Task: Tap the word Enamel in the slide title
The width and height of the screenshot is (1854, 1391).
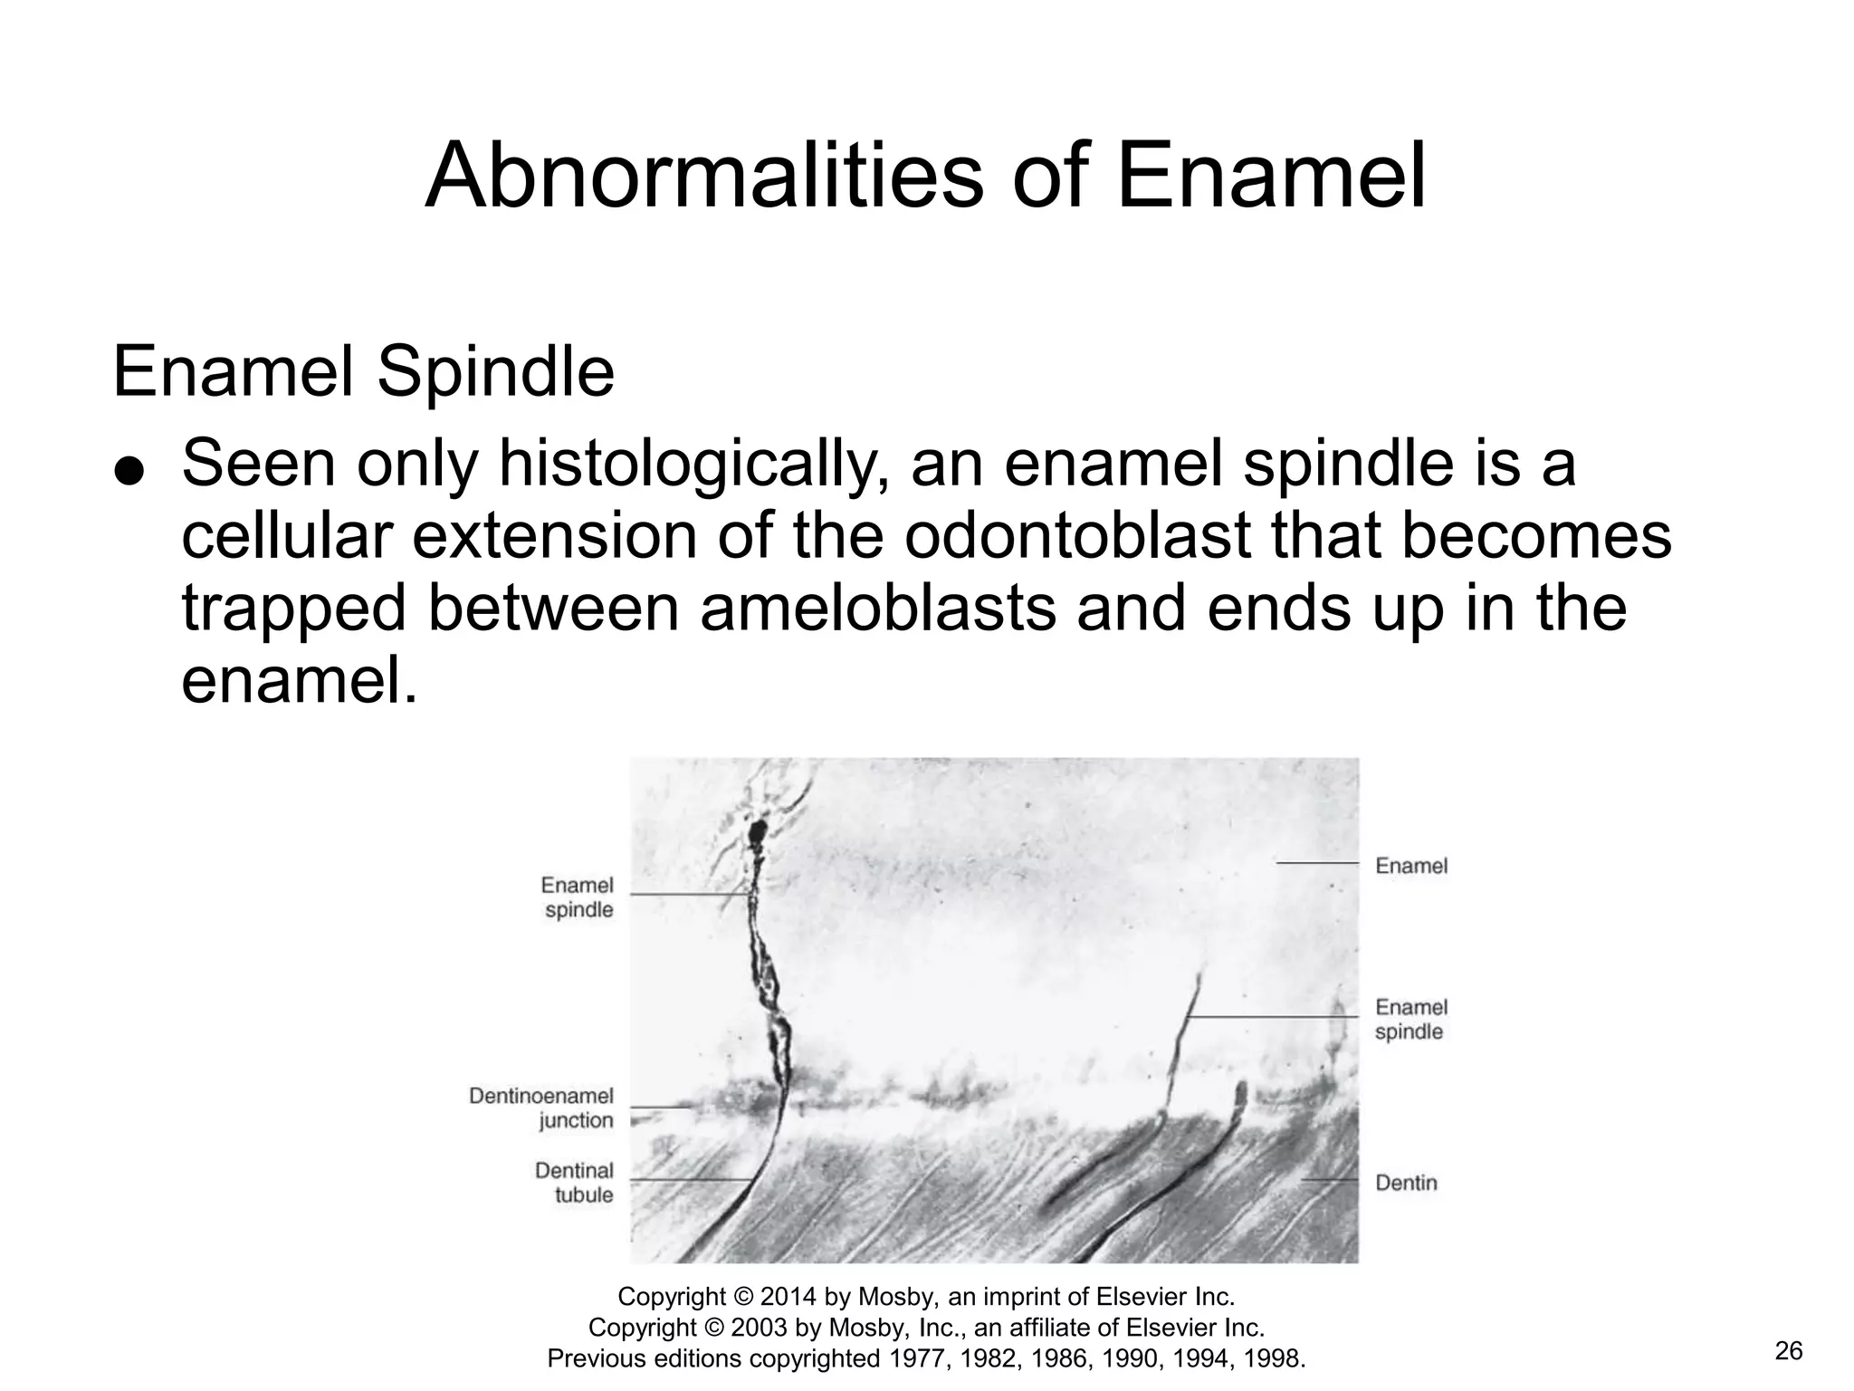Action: coord(1271,177)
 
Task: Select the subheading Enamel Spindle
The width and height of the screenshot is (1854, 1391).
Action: coord(363,372)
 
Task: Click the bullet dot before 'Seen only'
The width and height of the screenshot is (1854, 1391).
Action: coord(129,472)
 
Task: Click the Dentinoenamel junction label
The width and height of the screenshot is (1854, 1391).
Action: coord(541,1108)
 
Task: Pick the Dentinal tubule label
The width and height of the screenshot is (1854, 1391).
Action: coord(574,1183)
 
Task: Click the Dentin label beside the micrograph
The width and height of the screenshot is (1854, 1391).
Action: coord(1406,1183)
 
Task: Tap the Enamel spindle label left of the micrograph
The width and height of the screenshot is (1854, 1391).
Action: coord(578,897)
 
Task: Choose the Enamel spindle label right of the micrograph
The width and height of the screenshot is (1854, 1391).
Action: coord(1410,1020)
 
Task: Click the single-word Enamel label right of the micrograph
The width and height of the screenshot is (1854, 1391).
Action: coord(1411,866)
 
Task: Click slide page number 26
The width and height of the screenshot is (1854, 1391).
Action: coord(1789,1352)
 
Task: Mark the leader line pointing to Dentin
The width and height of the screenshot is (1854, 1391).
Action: coord(1329,1181)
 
